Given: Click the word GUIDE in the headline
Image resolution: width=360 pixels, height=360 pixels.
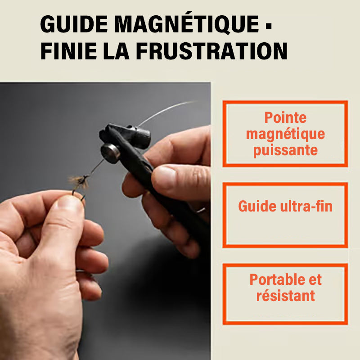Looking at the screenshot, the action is (x=74, y=24).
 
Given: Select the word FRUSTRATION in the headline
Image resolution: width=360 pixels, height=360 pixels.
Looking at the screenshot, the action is (x=211, y=51).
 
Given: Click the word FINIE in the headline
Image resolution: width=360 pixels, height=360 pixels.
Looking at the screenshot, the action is (x=68, y=51).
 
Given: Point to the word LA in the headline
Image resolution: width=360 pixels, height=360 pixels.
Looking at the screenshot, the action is (x=116, y=51).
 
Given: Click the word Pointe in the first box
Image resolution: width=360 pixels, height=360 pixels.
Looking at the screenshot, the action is (x=285, y=117).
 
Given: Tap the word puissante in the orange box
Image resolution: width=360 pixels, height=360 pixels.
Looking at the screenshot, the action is (x=285, y=151).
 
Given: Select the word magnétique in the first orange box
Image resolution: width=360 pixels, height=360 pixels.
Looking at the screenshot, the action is (x=285, y=134).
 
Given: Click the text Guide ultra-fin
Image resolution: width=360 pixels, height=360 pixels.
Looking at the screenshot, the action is (x=285, y=206).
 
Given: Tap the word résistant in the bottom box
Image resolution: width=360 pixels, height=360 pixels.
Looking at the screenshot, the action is (x=286, y=296).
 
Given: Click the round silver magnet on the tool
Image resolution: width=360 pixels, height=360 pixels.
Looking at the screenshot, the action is (x=110, y=153).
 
